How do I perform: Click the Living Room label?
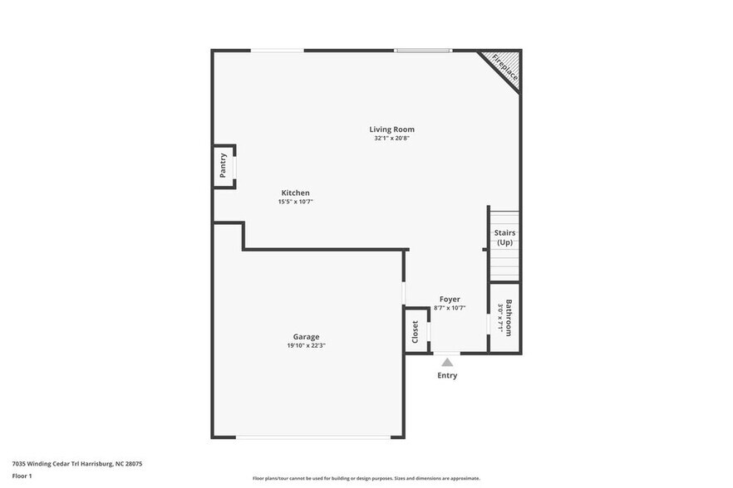pyautogui.click(x=391, y=129)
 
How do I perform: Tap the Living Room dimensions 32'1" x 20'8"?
pyautogui.click(x=391, y=139)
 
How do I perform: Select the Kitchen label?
pyautogui.click(x=295, y=193)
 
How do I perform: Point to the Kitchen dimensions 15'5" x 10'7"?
pyautogui.click(x=295, y=202)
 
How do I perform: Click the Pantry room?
pyautogui.click(x=224, y=166)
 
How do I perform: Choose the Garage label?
pyautogui.click(x=306, y=336)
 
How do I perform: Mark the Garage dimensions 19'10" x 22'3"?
pyautogui.click(x=306, y=345)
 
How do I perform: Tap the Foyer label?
pyautogui.click(x=450, y=299)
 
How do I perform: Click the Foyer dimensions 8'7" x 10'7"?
pyautogui.click(x=450, y=308)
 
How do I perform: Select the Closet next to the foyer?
pyautogui.click(x=416, y=331)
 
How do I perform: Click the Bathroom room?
pyautogui.click(x=504, y=318)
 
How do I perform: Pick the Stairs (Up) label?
pyautogui.click(x=504, y=237)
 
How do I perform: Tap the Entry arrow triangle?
pyautogui.click(x=447, y=362)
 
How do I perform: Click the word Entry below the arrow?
pyautogui.click(x=447, y=375)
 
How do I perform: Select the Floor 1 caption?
pyautogui.click(x=22, y=476)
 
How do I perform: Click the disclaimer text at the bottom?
pyautogui.click(x=366, y=478)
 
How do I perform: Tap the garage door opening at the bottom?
pyautogui.click(x=320, y=437)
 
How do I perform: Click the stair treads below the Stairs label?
pyautogui.click(x=504, y=265)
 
